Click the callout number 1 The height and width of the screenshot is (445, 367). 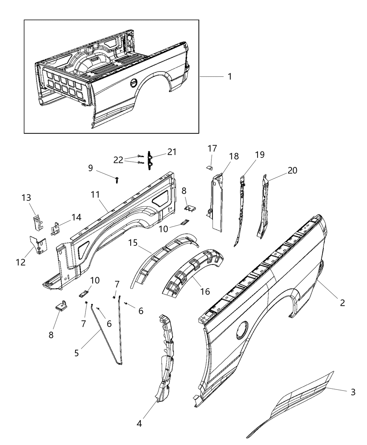[230, 76]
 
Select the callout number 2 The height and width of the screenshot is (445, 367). [343, 303]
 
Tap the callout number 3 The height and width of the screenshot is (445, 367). [353, 392]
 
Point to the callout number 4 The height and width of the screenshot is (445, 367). [139, 424]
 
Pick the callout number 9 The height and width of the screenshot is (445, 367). [91, 168]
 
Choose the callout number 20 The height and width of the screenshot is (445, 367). [292, 170]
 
